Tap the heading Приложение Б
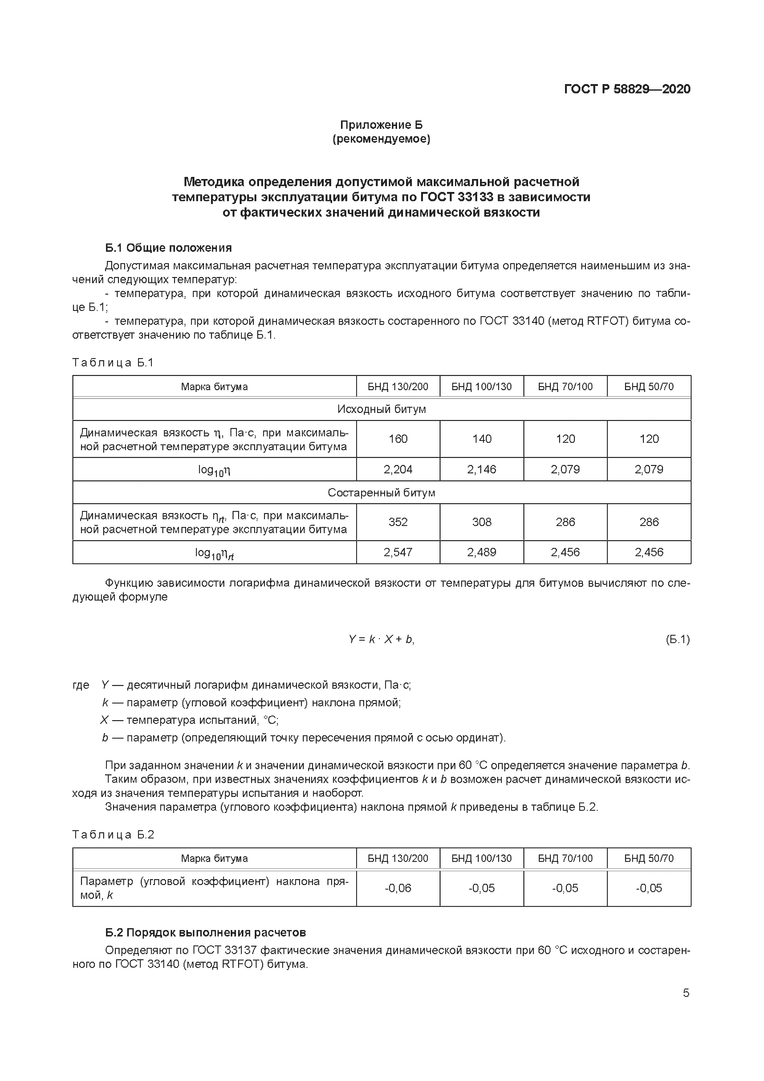[x=381, y=125]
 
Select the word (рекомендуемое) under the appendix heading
[x=381, y=139]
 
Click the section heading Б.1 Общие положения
[x=168, y=248]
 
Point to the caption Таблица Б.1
[x=113, y=362]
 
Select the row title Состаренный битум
[x=381, y=492]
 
